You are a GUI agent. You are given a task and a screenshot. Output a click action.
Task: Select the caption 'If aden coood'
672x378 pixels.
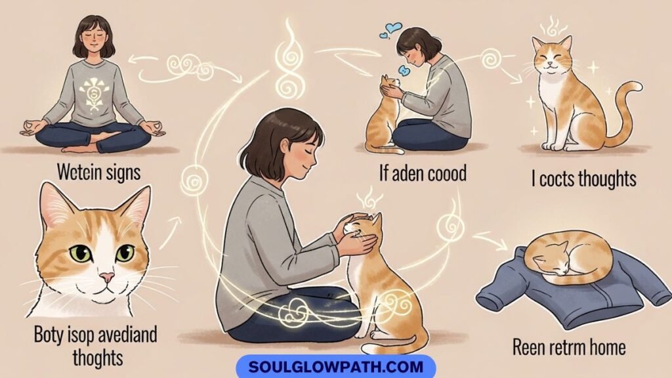pyautogui.click(x=423, y=174)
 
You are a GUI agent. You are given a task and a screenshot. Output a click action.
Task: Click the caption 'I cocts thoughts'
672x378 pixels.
pyautogui.click(x=583, y=178)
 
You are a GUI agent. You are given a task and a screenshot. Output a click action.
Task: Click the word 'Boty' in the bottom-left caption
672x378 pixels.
pyautogui.click(x=50, y=335)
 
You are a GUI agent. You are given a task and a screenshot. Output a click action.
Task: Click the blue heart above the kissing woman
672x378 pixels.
pyautogui.click(x=394, y=29)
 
